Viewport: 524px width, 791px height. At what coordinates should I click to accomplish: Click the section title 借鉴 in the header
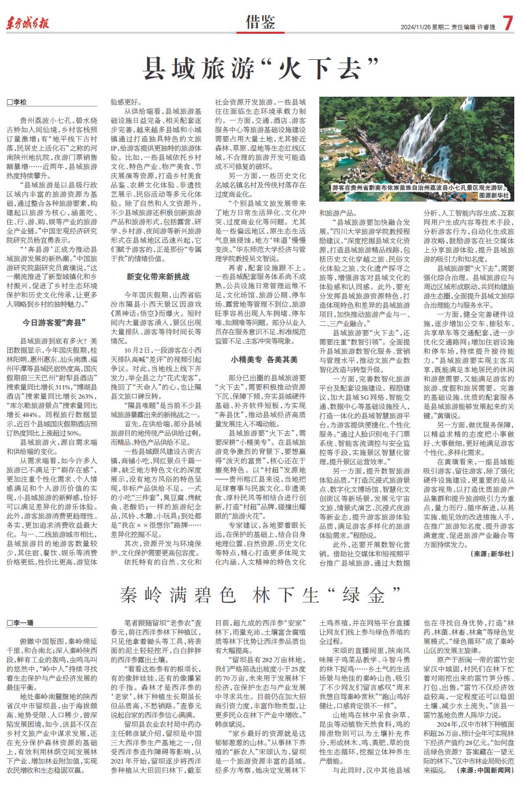click(260, 23)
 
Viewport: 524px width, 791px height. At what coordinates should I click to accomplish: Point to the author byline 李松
click(19, 102)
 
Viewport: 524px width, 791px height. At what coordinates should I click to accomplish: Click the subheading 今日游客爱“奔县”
click(53, 322)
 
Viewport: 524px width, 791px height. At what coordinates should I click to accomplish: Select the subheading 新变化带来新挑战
click(158, 277)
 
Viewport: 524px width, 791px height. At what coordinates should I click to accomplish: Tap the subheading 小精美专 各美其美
click(264, 360)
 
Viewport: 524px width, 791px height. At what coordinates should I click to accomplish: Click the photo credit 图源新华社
click(494, 195)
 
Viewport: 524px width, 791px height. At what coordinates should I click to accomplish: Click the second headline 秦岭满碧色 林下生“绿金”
click(260, 595)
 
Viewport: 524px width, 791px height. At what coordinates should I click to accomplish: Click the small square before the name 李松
click(9, 102)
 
